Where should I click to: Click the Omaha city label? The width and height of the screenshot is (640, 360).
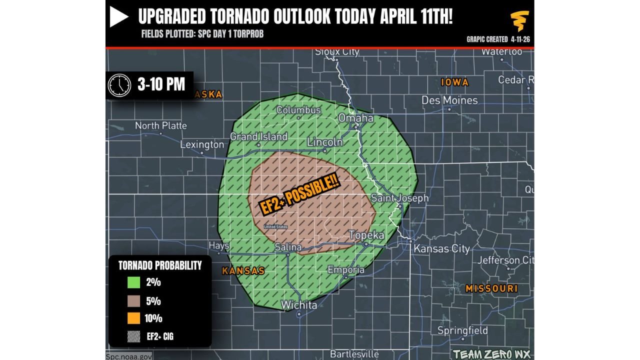click(x=356, y=118)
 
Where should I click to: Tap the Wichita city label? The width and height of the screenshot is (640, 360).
click(x=299, y=305)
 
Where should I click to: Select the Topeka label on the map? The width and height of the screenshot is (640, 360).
click(x=366, y=235)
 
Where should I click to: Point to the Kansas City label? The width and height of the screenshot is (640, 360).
click(x=442, y=248)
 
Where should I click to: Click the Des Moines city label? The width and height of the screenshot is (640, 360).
click(x=449, y=100)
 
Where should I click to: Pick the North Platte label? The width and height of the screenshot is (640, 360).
click(x=161, y=125)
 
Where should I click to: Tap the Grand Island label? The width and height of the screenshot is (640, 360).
click(x=258, y=136)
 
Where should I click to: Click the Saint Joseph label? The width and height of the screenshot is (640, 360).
click(x=400, y=198)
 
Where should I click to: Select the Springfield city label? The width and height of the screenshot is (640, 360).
click(x=462, y=330)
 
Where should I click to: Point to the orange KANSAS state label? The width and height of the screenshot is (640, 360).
click(x=243, y=270)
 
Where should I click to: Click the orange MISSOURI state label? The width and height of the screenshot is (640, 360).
click(x=491, y=288)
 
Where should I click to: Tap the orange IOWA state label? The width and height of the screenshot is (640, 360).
click(x=454, y=82)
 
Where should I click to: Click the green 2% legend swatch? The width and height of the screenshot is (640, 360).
click(x=133, y=282)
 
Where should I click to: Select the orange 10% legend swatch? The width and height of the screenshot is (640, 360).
click(x=133, y=318)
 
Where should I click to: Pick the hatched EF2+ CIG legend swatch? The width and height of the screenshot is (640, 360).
click(x=133, y=336)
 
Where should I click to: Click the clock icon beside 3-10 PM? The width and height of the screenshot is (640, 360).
click(x=119, y=85)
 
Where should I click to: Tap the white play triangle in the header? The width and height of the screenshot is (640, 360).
click(x=119, y=17)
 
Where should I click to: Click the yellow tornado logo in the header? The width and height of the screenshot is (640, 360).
click(x=519, y=21)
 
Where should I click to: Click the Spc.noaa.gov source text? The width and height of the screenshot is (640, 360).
click(x=129, y=356)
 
